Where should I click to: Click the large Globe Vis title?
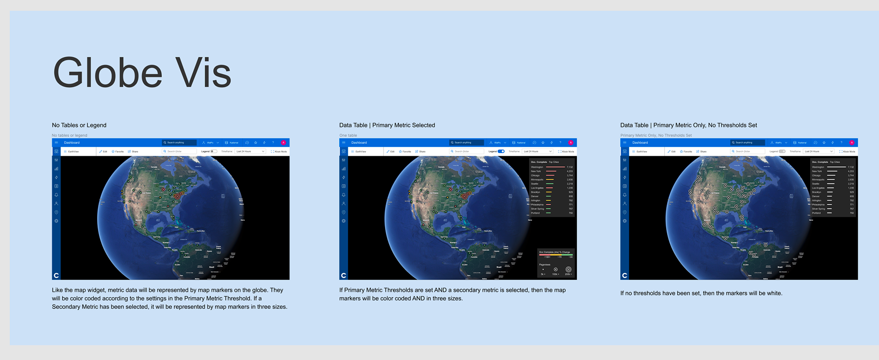pyautogui.click(x=142, y=72)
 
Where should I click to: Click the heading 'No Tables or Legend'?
pyautogui.click(x=79, y=125)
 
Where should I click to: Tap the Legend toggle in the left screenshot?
pyautogui.click(x=213, y=151)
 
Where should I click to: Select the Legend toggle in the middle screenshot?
pyautogui.click(x=501, y=151)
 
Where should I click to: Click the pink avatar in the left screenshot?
pyautogui.click(x=283, y=142)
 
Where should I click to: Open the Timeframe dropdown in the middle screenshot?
pyautogui.click(x=537, y=151)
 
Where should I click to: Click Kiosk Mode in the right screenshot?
pyautogui.click(x=847, y=151)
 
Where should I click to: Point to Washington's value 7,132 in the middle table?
pyautogui.click(x=570, y=167)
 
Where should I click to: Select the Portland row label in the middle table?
pyautogui.click(x=535, y=213)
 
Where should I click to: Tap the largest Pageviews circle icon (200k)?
pyautogui.click(x=569, y=269)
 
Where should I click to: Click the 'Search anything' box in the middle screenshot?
pyautogui.click(x=466, y=142)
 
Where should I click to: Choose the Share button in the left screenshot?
pyautogui.click(x=133, y=151)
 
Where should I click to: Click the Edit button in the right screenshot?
pyautogui.click(x=672, y=151)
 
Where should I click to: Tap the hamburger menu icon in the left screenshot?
pyautogui.click(x=56, y=142)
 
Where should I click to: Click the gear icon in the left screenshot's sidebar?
pyautogui.click(x=56, y=221)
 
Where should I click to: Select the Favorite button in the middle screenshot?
pyautogui.click(x=405, y=151)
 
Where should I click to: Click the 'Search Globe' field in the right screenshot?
pyautogui.click(x=748, y=151)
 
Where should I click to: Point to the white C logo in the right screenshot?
pyautogui.click(x=624, y=275)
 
